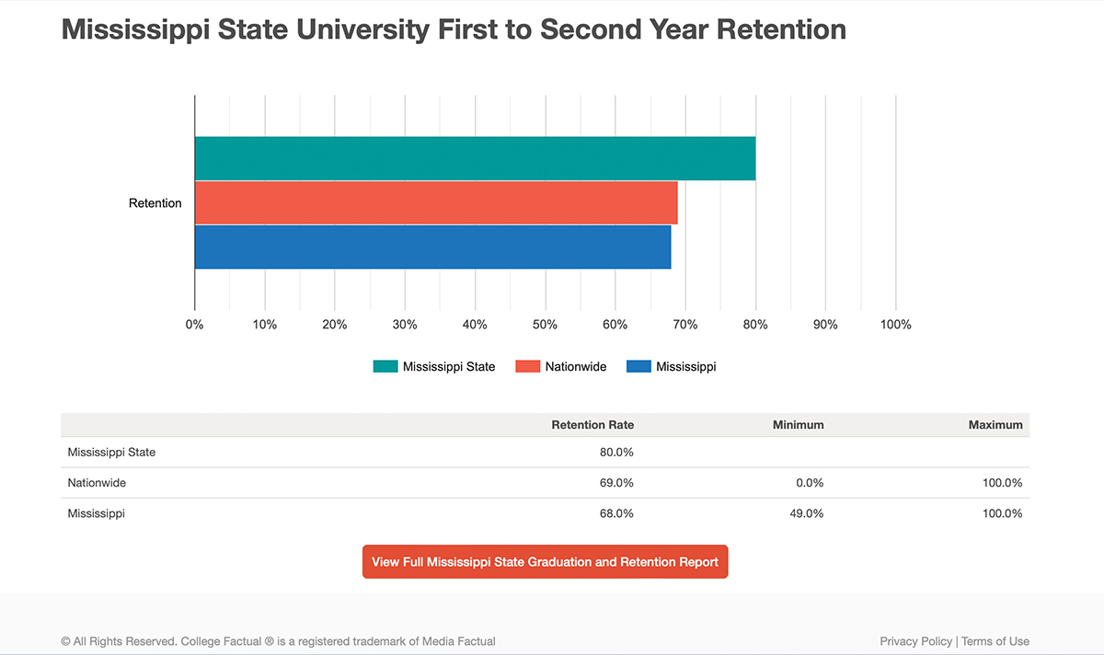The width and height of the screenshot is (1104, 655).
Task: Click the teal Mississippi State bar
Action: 475,158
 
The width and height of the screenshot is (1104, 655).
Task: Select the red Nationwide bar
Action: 436,202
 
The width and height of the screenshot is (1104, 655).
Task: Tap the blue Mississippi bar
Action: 432,247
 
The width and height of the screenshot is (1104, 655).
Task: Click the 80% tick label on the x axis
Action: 755,325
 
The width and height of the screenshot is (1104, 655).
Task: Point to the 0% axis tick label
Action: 194,325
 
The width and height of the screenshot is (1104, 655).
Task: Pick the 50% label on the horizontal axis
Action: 545,325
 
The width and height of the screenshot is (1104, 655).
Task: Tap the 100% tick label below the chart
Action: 895,325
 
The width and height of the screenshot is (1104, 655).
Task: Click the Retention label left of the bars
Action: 155,203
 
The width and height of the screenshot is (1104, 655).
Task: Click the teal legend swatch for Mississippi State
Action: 385,366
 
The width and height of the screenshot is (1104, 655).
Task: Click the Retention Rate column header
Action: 592,425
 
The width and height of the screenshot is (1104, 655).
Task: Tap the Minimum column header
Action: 798,425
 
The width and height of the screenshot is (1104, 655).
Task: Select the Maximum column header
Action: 995,425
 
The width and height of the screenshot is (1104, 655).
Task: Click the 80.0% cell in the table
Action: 615,453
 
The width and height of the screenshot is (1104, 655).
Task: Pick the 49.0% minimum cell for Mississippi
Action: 805,514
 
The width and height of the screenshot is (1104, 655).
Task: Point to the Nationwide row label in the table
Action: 97,483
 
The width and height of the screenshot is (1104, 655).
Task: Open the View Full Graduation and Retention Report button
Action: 545,562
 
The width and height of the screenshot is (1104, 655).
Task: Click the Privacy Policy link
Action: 915,641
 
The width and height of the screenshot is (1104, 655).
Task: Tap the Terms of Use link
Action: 995,641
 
